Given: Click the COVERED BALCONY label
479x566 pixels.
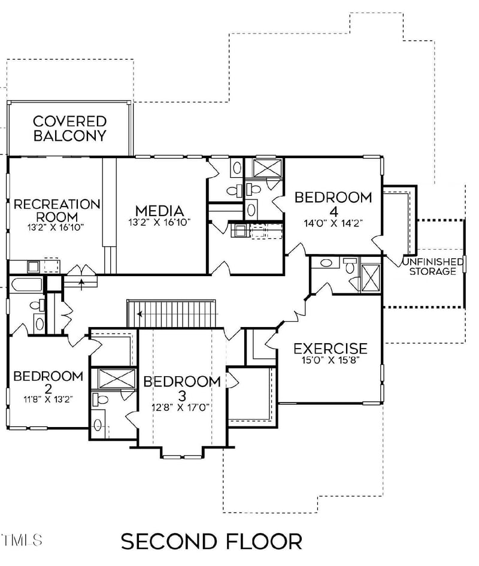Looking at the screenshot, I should point(69,128).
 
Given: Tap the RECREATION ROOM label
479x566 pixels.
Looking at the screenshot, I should point(56,210).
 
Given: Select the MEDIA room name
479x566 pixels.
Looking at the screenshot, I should point(159,211).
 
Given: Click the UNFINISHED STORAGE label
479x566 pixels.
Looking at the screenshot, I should point(433,267).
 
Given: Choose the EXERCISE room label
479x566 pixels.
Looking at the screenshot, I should point(331,348).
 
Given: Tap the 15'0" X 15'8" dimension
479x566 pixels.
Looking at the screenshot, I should point(331,361).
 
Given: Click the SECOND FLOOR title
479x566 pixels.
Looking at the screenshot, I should point(211,541).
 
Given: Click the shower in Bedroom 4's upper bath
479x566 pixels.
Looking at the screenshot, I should point(263,168).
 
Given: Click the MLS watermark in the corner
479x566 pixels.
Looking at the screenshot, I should point(21,540).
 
